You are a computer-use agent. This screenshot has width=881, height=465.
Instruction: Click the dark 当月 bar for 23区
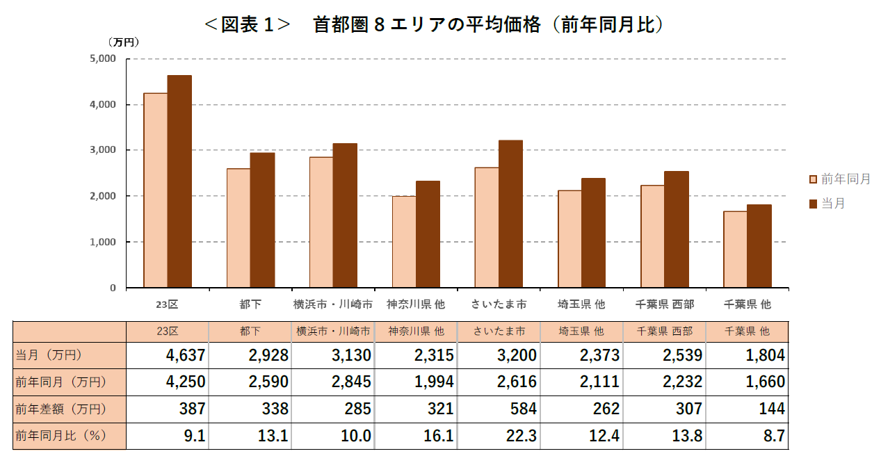[x=179, y=181]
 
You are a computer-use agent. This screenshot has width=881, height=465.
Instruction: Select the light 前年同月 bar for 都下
[x=239, y=228]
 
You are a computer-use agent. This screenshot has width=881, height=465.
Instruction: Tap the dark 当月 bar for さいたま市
[x=510, y=214]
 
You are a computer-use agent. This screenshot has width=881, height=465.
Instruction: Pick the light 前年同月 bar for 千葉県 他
[x=735, y=250]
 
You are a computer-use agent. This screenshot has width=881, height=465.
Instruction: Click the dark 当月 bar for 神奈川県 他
[x=428, y=234]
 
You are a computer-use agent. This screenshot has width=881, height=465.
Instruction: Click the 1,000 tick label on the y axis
[x=103, y=242]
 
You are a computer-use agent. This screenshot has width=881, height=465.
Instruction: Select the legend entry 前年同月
[x=840, y=179]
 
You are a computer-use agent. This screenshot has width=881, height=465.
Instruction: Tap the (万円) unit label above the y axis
[x=124, y=42]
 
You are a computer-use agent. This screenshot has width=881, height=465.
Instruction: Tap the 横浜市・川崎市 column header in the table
[x=333, y=331]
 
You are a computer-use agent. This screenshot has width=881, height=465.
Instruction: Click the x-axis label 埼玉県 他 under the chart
[x=581, y=304]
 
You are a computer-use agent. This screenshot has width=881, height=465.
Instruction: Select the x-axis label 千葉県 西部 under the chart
[x=664, y=304]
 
